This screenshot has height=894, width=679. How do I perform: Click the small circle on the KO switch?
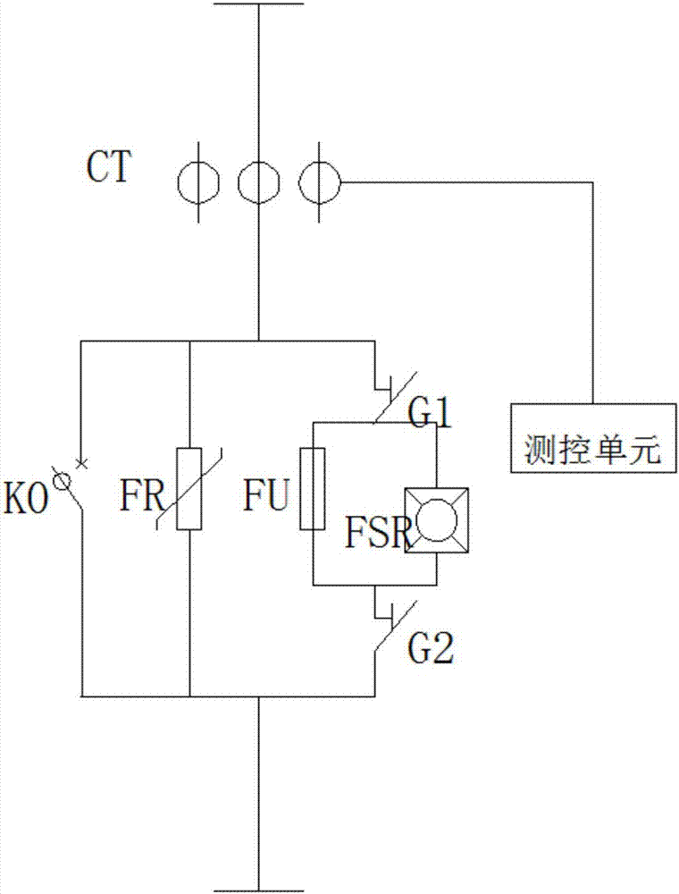pyautogui.click(x=63, y=482)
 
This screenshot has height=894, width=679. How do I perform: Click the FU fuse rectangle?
pyautogui.click(x=313, y=489)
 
